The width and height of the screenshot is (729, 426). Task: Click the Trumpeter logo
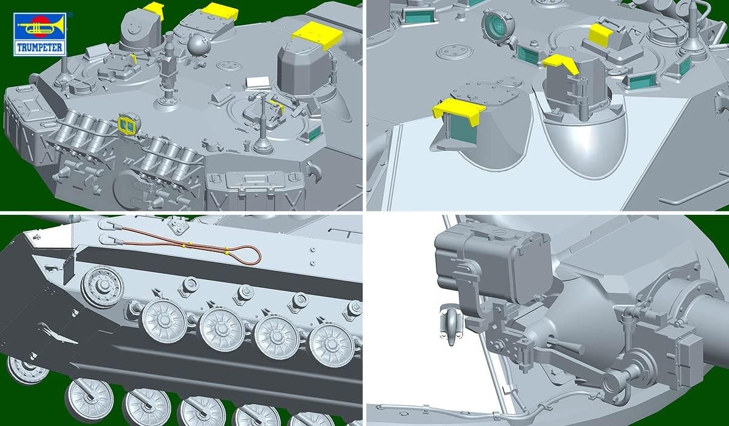point(40,34)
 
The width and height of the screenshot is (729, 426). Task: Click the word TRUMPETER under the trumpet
point(39,47)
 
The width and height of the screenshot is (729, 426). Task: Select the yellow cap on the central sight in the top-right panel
point(560,63)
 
